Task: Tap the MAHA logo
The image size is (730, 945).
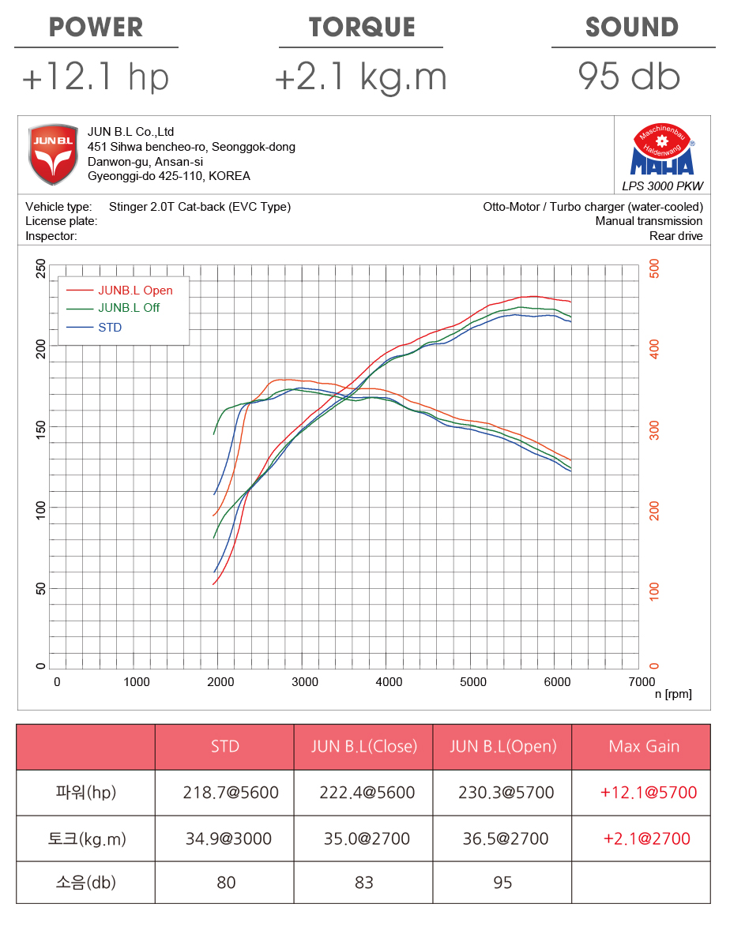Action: tap(661, 150)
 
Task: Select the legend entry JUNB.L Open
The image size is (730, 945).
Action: tap(135, 290)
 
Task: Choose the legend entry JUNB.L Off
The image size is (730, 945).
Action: tap(129, 308)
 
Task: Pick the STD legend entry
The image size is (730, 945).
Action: tap(110, 327)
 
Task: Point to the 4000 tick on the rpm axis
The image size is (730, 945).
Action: tap(389, 682)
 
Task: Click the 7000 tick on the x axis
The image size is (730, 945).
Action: tap(641, 682)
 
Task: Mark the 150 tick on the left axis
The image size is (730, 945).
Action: tap(41, 427)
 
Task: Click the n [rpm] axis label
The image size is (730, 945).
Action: tap(673, 694)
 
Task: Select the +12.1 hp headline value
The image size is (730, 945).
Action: tap(96, 77)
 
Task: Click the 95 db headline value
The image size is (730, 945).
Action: tap(629, 77)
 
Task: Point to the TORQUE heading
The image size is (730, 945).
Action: tap(362, 28)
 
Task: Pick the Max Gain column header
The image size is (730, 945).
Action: tap(644, 746)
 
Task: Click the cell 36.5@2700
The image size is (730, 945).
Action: tap(502, 838)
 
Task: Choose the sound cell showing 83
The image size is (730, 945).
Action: tap(363, 883)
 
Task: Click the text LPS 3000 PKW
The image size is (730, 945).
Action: tap(662, 187)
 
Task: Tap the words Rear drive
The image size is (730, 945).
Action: tap(675, 236)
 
